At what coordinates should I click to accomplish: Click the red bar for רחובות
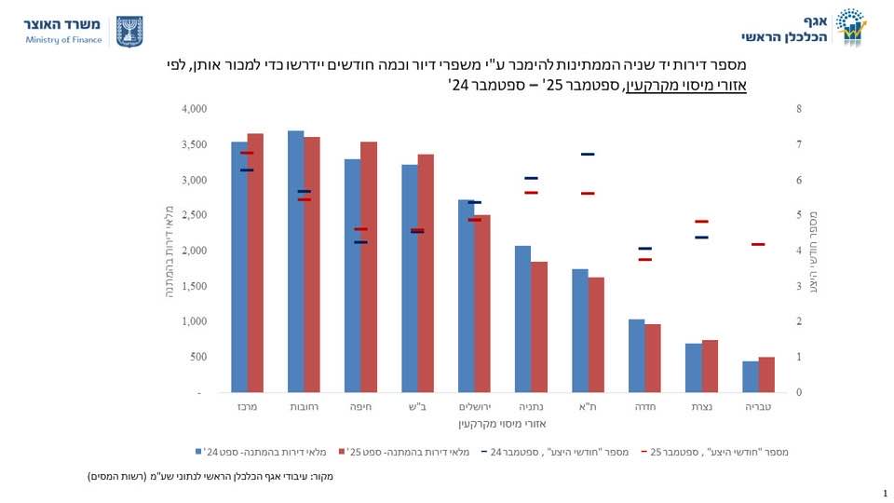click(312, 265)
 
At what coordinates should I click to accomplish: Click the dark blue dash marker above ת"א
click(588, 155)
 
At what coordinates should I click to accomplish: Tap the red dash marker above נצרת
click(701, 222)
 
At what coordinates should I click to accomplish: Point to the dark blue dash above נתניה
click(531, 178)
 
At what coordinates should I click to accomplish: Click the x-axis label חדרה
click(644, 407)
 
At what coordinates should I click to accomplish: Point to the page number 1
click(883, 493)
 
